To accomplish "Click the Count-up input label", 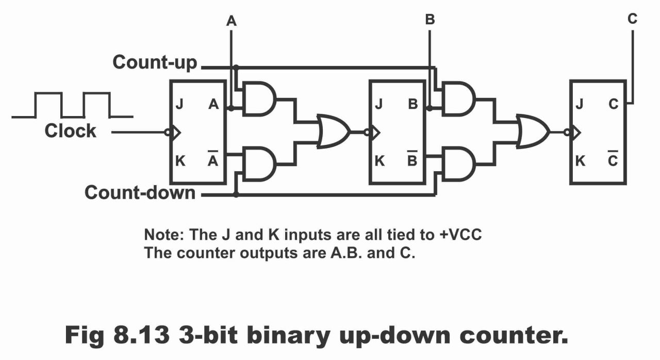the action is pyautogui.click(x=155, y=63).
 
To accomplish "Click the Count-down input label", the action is pyautogui.click(x=140, y=192).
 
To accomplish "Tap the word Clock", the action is pyautogui.click(x=70, y=131).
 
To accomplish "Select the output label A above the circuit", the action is pyautogui.click(x=232, y=21).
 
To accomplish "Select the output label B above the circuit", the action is pyautogui.click(x=430, y=20).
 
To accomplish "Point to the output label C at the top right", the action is pyautogui.click(x=632, y=19).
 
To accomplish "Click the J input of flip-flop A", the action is pyautogui.click(x=179, y=104).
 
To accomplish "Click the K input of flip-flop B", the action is pyautogui.click(x=379, y=161).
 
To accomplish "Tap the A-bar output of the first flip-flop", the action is pyautogui.click(x=213, y=158).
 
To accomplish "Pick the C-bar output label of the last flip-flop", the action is pyautogui.click(x=613, y=158).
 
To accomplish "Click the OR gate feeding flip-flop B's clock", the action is pyautogui.click(x=334, y=131).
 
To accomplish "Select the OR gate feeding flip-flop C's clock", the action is pyautogui.click(x=533, y=131).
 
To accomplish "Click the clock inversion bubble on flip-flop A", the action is pyautogui.click(x=168, y=132).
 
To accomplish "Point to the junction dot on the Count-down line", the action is pyautogui.click(x=236, y=194).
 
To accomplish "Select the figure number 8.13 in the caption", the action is pyautogui.click(x=141, y=335).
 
